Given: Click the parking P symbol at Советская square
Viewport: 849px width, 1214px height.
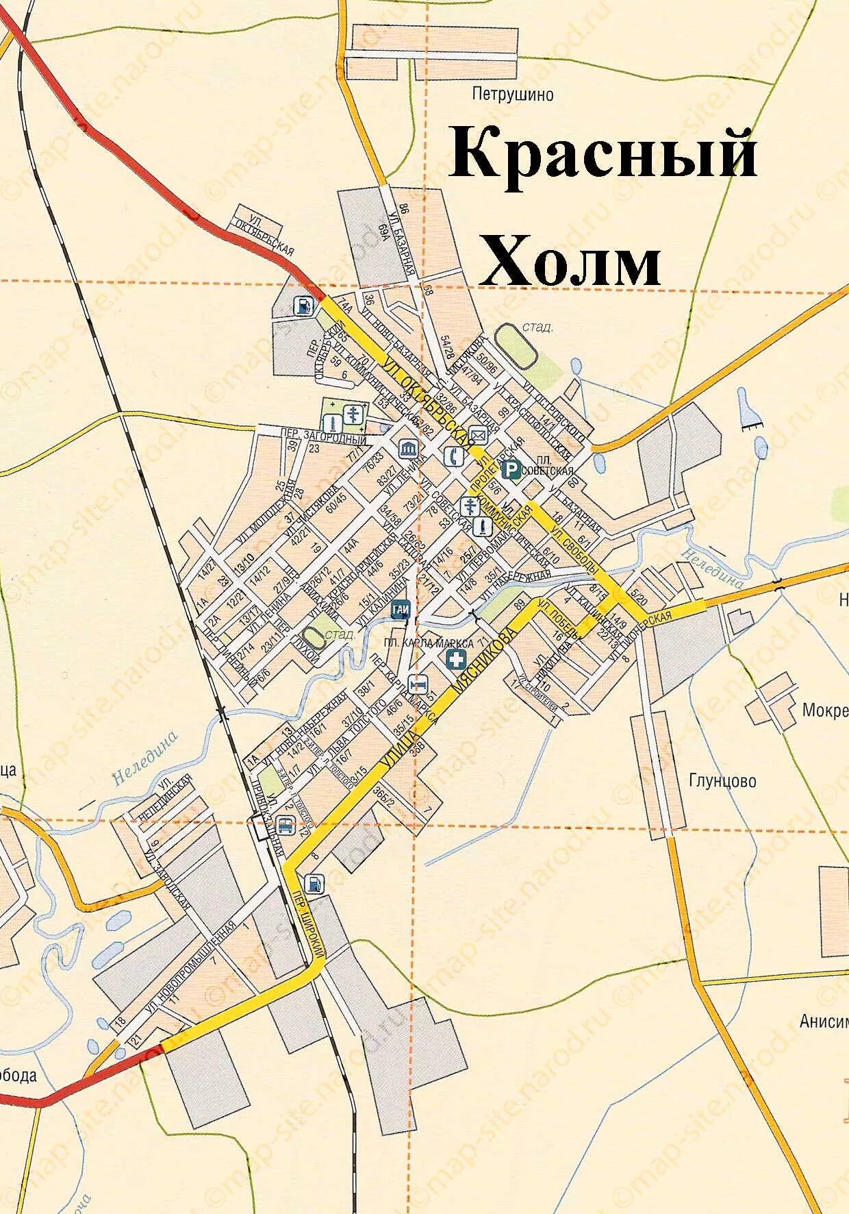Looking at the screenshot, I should click(x=511, y=469).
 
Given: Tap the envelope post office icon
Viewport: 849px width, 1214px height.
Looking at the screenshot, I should click(x=478, y=434).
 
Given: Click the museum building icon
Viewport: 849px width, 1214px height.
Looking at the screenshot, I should click(x=409, y=449).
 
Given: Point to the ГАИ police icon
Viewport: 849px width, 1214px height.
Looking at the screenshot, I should click(x=401, y=609).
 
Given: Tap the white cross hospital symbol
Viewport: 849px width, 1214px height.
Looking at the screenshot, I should click(x=455, y=660).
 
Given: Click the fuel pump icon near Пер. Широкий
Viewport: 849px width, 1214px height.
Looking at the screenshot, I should click(x=314, y=883).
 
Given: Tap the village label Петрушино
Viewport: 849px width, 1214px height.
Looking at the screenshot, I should click(x=513, y=94).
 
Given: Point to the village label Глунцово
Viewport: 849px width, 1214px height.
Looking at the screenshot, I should click(x=723, y=780).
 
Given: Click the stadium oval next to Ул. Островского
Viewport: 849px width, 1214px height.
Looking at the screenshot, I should click(x=516, y=345).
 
